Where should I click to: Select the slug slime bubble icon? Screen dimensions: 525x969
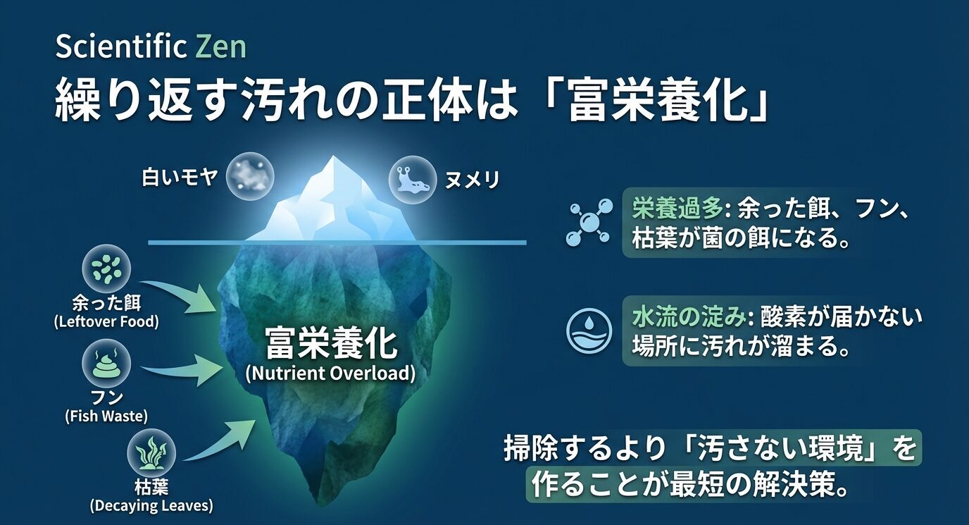(412, 179)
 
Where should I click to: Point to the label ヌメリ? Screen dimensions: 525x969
(472, 180)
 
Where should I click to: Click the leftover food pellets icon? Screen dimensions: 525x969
(106, 268)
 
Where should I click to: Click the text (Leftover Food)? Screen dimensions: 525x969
(106, 322)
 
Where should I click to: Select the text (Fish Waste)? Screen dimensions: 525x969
(106, 416)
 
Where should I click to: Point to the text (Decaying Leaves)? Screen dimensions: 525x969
(151, 505)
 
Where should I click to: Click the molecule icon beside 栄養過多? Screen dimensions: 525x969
(589, 222)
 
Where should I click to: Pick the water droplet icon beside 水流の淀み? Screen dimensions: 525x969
(589, 330)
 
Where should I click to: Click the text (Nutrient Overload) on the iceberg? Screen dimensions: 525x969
(330, 373)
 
